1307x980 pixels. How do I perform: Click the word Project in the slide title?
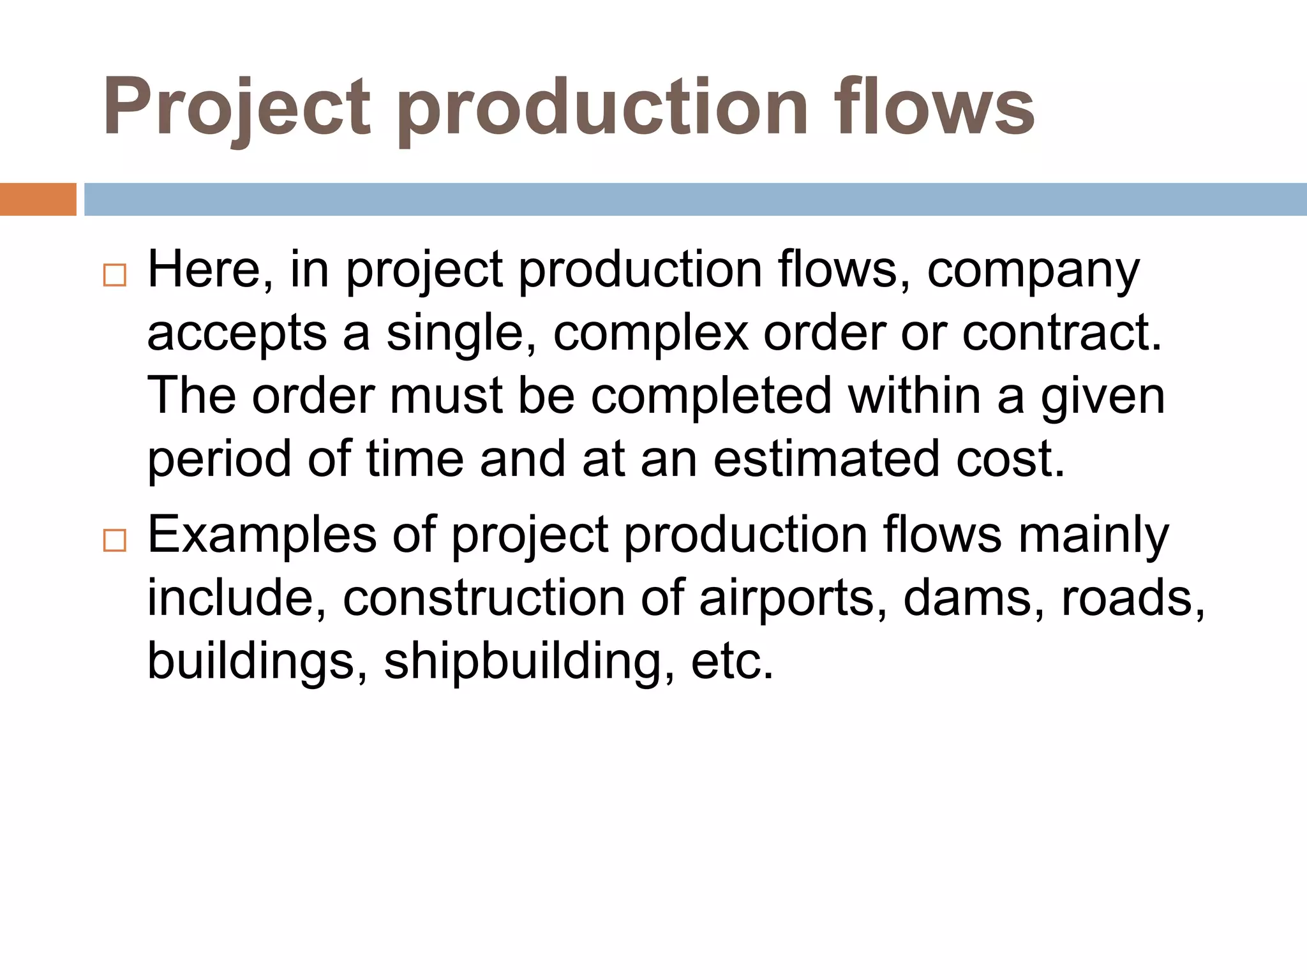[236, 107]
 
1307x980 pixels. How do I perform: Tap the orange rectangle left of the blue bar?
[38, 199]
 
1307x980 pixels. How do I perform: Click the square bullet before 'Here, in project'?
[115, 275]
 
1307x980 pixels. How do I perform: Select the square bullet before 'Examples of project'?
[115, 540]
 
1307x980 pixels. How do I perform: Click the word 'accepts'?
[237, 335]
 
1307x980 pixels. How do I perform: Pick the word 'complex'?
[650, 335]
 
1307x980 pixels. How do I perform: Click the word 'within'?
[914, 396]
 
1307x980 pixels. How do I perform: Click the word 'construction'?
[484, 598]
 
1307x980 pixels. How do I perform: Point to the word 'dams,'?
[974, 598]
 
